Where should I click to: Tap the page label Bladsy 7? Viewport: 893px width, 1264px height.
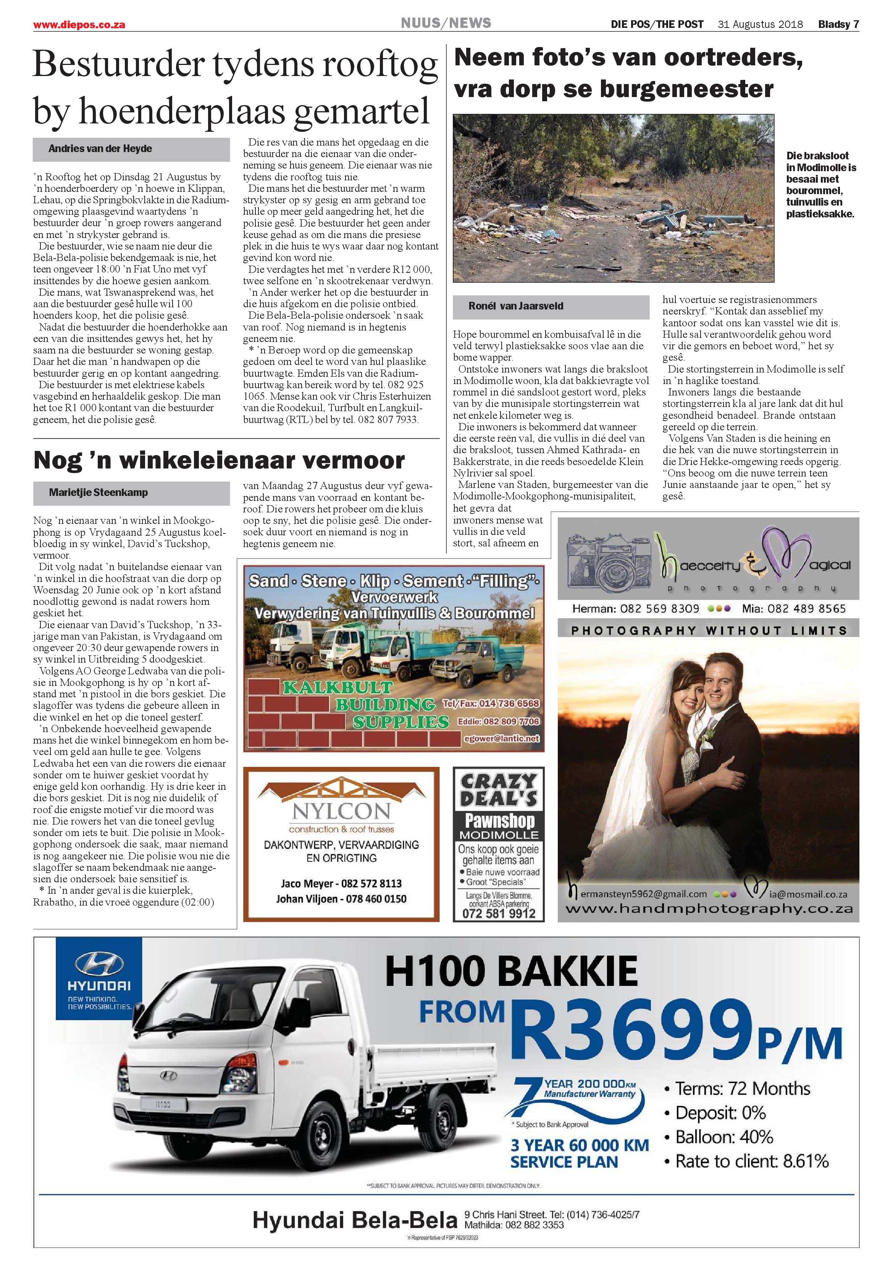(x=838, y=24)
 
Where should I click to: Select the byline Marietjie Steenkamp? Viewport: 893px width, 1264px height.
(x=98, y=492)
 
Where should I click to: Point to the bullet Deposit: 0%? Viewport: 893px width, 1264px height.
(x=720, y=1113)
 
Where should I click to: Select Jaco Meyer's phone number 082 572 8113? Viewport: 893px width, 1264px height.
(x=371, y=883)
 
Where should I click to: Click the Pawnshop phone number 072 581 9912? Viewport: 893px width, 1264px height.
(x=499, y=913)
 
